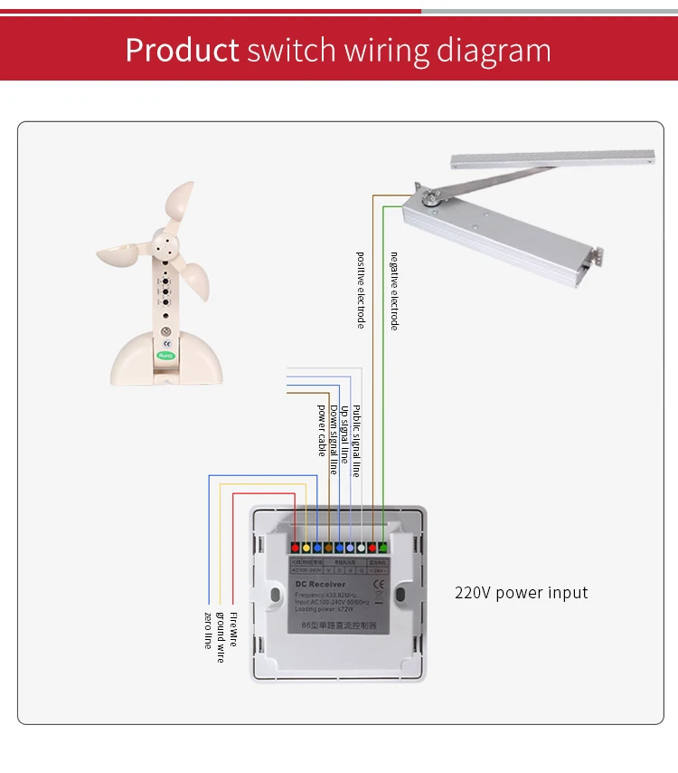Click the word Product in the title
coord(182,49)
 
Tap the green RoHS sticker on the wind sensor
coord(165,356)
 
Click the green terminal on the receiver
coord(382,547)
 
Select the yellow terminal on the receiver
coord(306,548)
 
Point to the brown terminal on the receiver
coord(327,548)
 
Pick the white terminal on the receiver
coord(361,548)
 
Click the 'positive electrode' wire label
coord(361,290)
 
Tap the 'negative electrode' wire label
coord(394,291)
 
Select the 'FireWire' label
coord(233,628)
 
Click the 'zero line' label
coord(208,630)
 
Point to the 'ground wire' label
coord(221,636)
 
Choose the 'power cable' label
coord(322,428)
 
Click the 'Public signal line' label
coord(356,440)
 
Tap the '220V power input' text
coord(521,593)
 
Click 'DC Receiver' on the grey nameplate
coord(321,586)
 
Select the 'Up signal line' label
coord(344,434)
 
